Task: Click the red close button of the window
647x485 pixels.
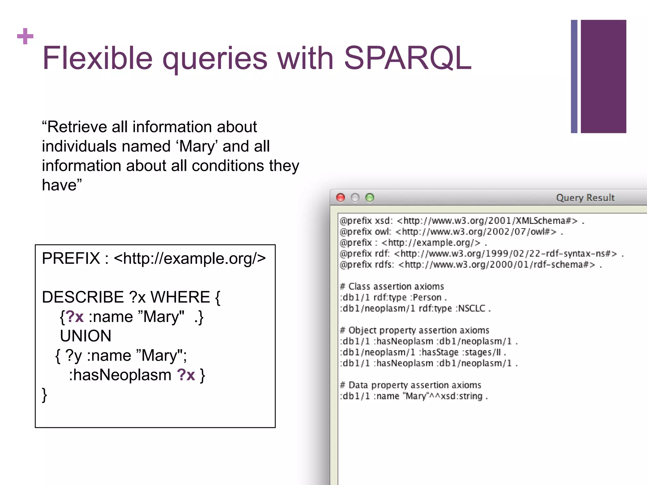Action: pyautogui.click(x=341, y=198)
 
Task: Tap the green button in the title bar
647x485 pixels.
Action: pyautogui.click(x=370, y=198)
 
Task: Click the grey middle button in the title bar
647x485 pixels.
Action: pyautogui.click(x=355, y=198)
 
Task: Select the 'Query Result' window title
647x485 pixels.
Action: pyautogui.click(x=585, y=198)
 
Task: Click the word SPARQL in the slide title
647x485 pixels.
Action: pyautogui.click(x=408, y=58)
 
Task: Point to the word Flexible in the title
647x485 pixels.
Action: pyautogui.click(x=98, y=58)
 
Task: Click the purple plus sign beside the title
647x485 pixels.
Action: pyautogui.click(x=25, y=36)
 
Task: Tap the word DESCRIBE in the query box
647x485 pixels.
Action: pyautogui.click(x=83, y=297)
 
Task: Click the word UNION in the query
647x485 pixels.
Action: pyautogui.click(x=86, y=336)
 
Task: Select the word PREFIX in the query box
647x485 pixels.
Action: pyautogui.click(x=71, y=258)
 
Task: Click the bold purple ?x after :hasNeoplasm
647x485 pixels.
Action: pyautogui.click(x=186, y=375)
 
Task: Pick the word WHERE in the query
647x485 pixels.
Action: pyautogui.click(x=180, y=297)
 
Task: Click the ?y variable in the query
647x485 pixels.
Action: pyautogui.click(x=73, y=356)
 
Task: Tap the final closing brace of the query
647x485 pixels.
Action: pyautogui.click(x=45, y=395)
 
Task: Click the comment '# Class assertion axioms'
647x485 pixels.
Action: pyautogui.click(x=392, y=286)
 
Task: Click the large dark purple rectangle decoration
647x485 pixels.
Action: pyautogui.click(x=603, y=76)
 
